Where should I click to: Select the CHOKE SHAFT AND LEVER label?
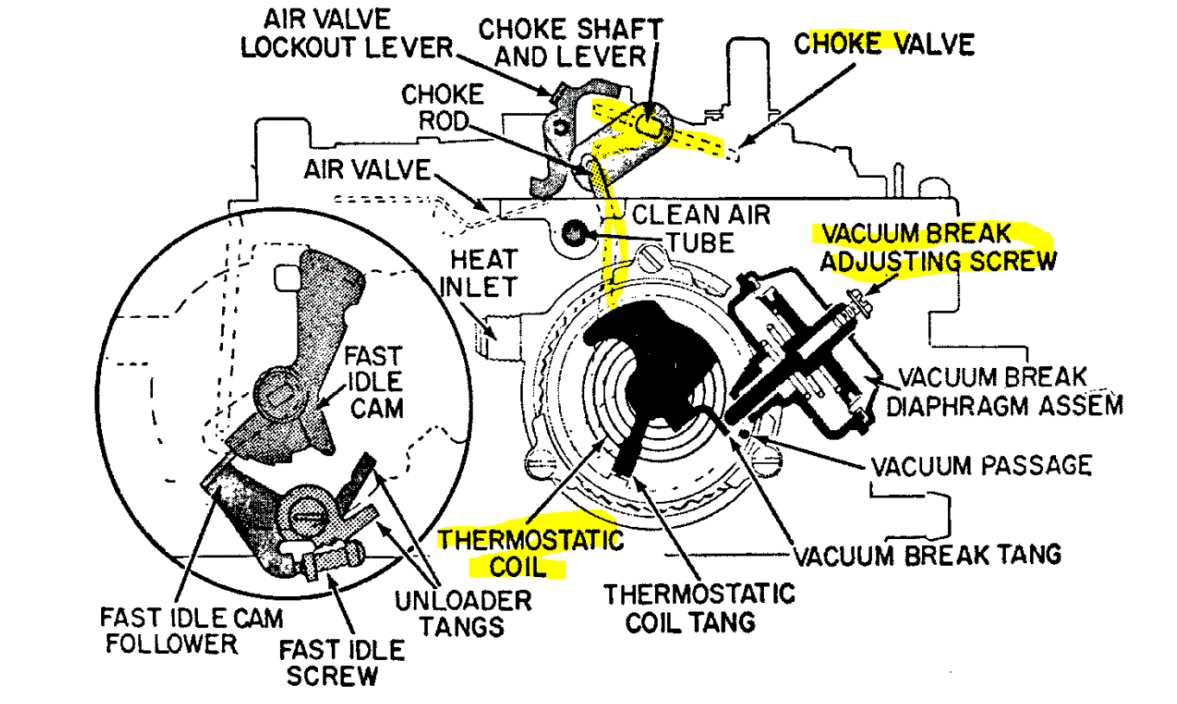click(x=570, y=42)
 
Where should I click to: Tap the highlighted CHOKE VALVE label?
click(x=883, y=43)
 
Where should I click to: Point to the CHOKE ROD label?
click(x=442, y=107)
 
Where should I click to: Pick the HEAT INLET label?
click(x=480, y=273)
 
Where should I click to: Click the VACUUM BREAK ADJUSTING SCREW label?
click(x=938, y=247)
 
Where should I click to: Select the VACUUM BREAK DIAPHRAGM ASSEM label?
click(x=1007, y=390)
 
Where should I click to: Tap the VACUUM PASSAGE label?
click(x=981, y=466)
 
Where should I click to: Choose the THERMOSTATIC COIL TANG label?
click(x=698, y=607)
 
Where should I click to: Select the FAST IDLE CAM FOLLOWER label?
click(x=191, y=630)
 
